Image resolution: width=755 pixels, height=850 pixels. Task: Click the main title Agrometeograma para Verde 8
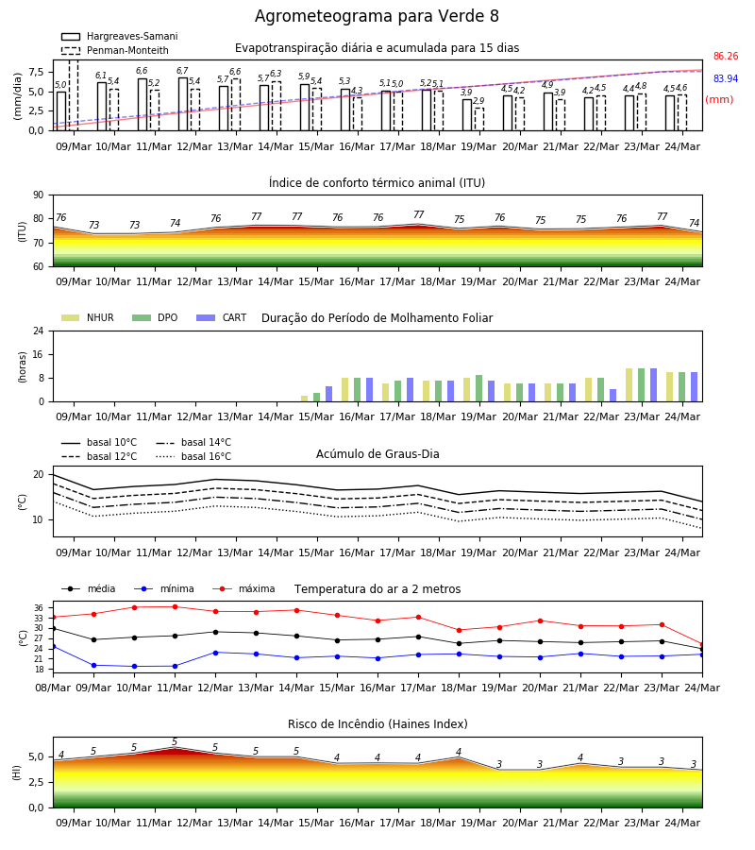377,16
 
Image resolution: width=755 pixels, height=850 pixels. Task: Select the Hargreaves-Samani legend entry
120,36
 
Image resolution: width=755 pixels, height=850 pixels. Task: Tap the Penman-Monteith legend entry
115,50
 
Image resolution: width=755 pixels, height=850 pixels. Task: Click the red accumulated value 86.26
726,57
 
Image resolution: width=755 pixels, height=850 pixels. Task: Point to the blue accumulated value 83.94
726,79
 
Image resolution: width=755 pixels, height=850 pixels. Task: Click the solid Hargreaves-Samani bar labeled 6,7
183,104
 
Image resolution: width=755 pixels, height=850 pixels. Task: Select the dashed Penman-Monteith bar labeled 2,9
479,119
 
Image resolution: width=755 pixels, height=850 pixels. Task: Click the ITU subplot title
377,182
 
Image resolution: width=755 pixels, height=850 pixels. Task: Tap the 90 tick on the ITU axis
39,195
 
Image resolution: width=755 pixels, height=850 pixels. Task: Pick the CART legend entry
222,317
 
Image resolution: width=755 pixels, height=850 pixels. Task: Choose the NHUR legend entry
88,317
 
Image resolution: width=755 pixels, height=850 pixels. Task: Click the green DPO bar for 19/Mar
478,388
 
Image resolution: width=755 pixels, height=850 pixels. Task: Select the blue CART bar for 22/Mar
612,396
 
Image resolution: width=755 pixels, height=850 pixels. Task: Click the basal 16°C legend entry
193,456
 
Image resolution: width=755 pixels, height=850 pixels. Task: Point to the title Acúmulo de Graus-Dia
377,454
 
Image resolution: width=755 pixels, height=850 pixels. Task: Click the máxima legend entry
243,588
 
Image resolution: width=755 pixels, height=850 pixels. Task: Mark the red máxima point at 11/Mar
175,606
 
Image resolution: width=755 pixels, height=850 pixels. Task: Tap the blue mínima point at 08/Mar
54,647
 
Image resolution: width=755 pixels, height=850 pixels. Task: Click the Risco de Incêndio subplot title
377,724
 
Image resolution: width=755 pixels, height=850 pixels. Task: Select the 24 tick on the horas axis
39,331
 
